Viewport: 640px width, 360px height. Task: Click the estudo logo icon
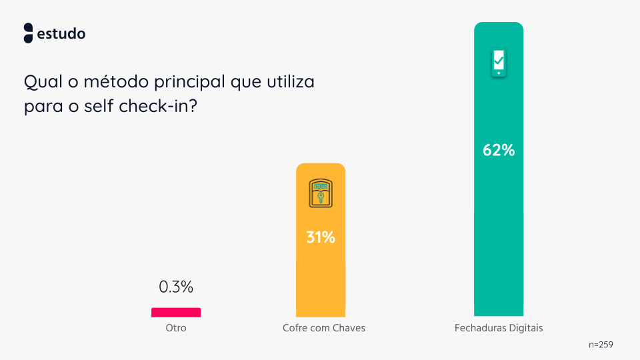[28, 33]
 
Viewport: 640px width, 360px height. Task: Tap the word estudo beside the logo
[61, 33]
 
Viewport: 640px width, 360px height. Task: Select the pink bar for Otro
[176, 312]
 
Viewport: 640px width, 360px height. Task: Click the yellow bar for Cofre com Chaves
[321, 280]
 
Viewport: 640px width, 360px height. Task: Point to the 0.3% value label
[176, 287]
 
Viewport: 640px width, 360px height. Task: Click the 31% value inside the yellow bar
[321, 237]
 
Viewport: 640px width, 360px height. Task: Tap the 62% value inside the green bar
[499, 150]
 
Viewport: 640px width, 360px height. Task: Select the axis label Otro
[176, 328]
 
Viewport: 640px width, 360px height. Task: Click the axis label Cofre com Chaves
[324, 328]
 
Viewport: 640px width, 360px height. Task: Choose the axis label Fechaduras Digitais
[499, 328]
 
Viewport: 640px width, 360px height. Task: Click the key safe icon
[321, 193]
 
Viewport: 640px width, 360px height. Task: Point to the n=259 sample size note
[601, 345]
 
